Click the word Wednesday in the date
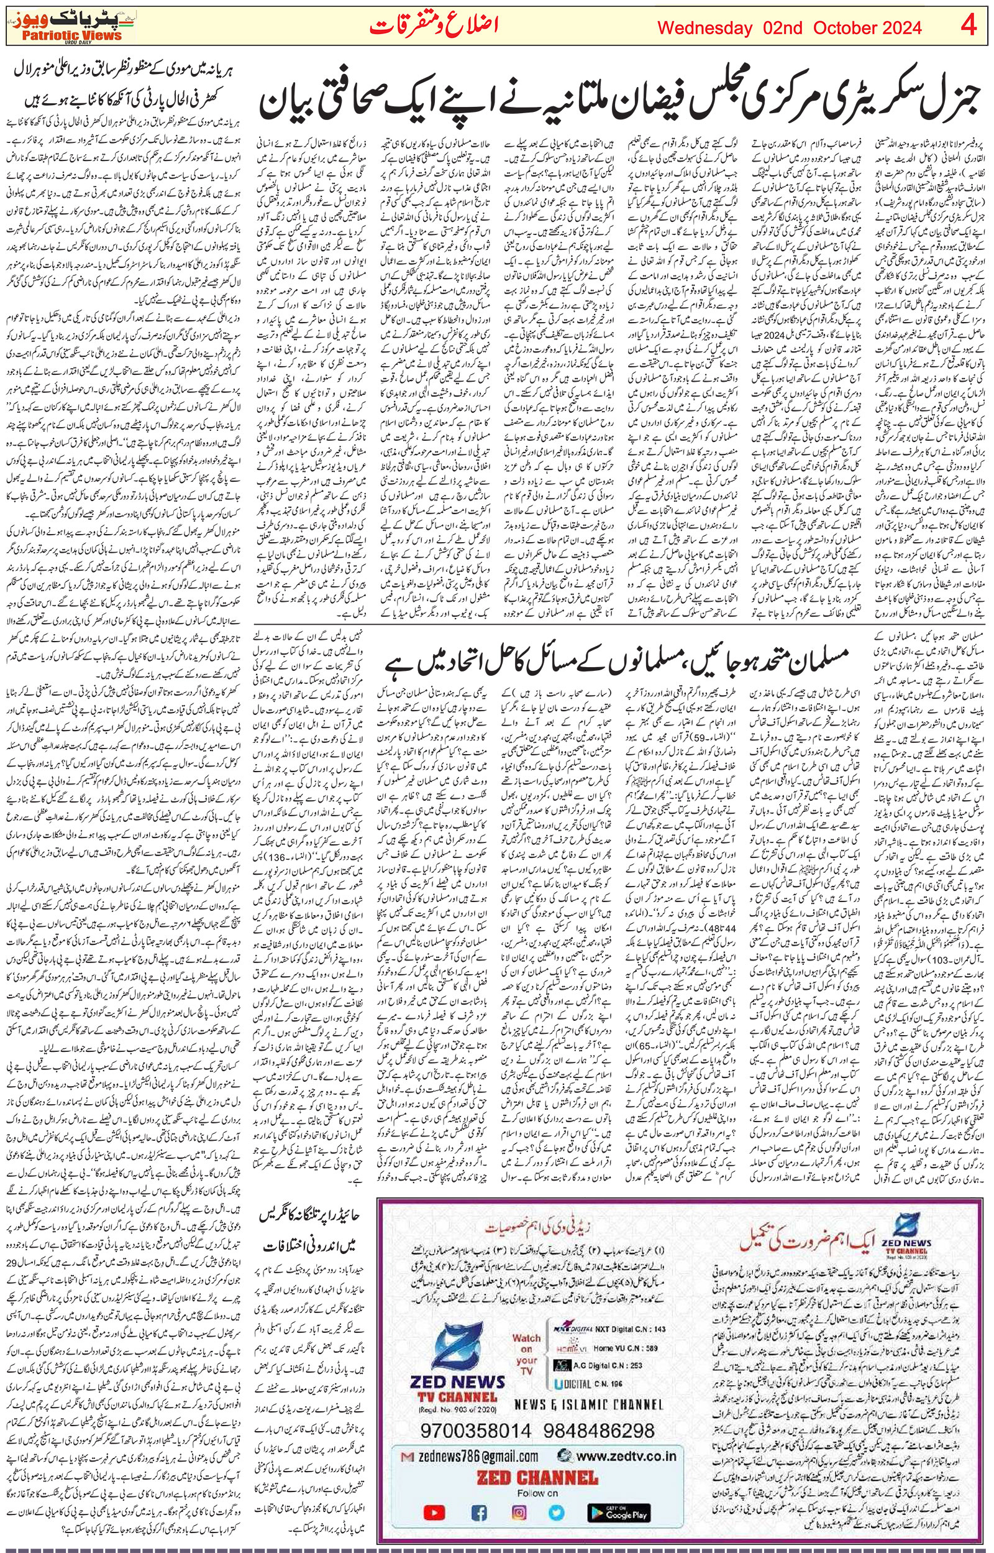[x=705, y=28]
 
